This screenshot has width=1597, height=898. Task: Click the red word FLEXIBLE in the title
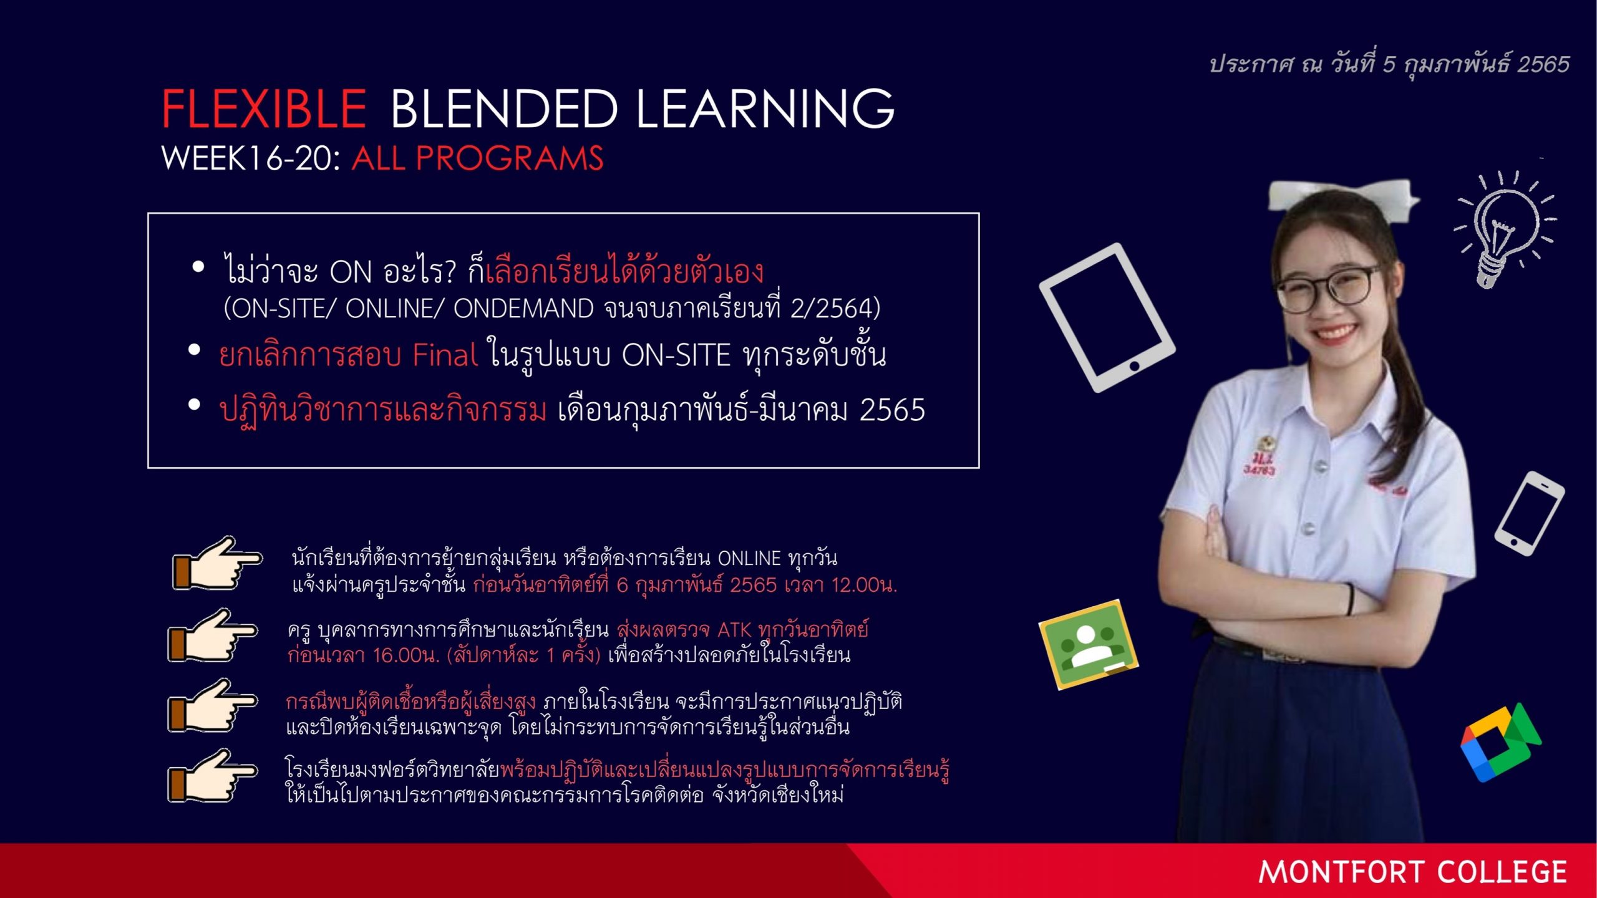click(x=264, y=109)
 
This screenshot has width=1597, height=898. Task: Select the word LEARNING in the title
click(x=765, y=109)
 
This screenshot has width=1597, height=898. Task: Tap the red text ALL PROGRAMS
click(x=478, y=158)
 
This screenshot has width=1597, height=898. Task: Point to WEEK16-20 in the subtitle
click(x=250, y=158)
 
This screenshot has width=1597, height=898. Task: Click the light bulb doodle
click(x=1505, y=228)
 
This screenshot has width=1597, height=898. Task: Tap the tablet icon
click(x=1107, y=317)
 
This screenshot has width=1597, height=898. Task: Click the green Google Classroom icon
click(x=1089, y=644)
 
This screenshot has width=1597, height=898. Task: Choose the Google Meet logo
click(x=1500, y=742)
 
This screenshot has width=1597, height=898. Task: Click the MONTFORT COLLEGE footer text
click(x=1412, y=872)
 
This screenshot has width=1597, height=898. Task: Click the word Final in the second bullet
click(x=445, y=355)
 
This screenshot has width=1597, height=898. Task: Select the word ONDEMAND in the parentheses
click(x=523, y=308)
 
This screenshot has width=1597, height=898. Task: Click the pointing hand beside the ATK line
click(x=212, y=636)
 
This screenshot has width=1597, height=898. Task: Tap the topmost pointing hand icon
click(x=217, y=563)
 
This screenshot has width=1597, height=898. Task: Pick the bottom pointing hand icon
click(x=212, y=776)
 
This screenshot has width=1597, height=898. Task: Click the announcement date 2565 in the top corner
click(x=1543, y=64)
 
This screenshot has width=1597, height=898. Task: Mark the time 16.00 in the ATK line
click(x=399, y=655)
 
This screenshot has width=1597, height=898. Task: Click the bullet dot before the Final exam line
click(x=194, y=350)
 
